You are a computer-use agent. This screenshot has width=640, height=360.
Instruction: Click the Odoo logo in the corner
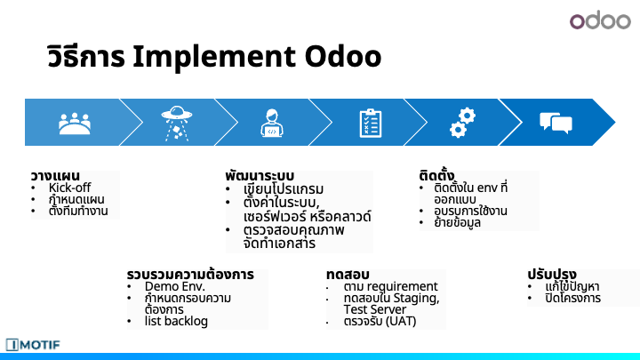point(600,20)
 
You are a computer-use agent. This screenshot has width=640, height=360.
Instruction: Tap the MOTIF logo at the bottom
point(33,345)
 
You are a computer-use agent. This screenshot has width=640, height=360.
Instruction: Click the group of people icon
point(75,124)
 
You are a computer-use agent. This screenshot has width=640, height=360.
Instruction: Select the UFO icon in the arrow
point(177,124)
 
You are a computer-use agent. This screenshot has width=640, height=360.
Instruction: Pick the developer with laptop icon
point(272,123)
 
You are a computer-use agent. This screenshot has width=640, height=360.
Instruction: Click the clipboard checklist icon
point(370,123)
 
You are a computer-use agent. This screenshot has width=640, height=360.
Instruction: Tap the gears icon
point(462,123)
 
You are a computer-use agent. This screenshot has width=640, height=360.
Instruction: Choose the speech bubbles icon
point(556,123)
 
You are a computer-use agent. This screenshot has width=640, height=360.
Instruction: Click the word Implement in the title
point(213,57)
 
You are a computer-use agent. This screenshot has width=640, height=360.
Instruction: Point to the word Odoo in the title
point(343,56)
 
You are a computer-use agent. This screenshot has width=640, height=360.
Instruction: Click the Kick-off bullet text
point(69,188)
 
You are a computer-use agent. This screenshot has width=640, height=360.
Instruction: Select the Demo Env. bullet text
point(175,286)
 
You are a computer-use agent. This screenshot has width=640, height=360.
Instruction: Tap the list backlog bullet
point(176,321)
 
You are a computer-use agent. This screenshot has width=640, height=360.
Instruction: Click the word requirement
point(405,286)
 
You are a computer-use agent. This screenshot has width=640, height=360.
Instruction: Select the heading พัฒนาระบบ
point(260,176)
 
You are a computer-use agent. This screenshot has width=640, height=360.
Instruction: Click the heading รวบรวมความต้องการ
point(190,275)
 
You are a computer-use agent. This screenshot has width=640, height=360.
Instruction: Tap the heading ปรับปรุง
point(552,274)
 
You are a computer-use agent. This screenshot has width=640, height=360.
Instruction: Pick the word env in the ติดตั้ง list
point(486,188)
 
